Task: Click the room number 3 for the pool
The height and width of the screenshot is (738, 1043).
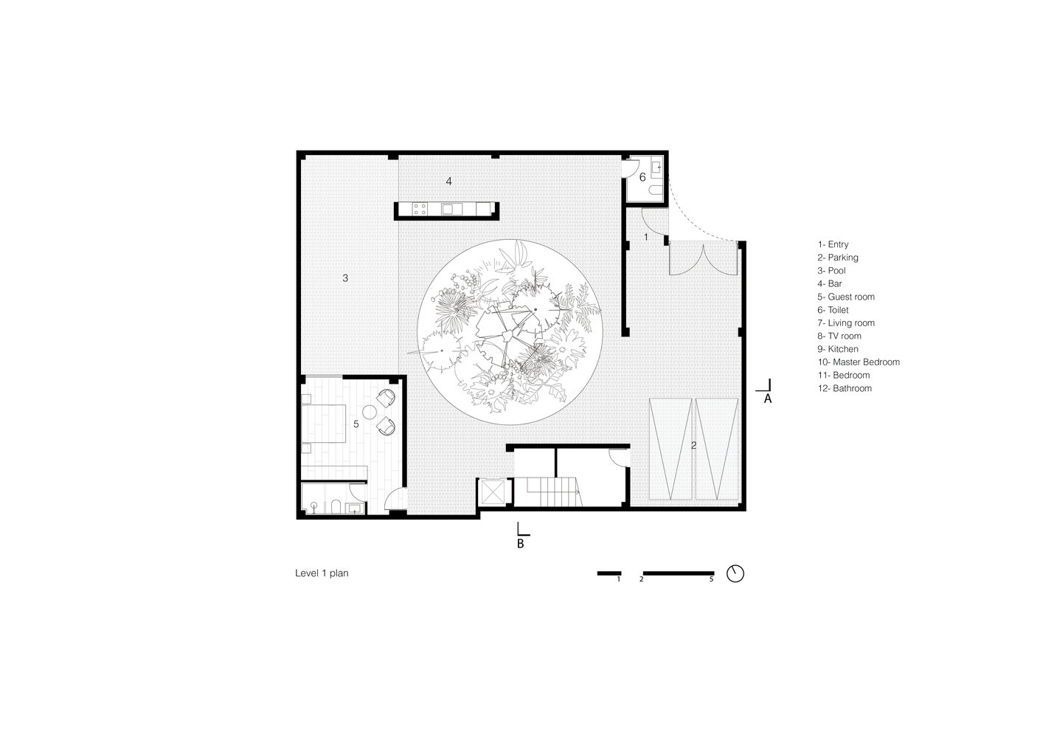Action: click(x=345, y=278)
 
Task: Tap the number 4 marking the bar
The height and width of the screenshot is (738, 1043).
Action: click(x=449, y=182)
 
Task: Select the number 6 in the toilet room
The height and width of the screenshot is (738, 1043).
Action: click(x=642, y=177)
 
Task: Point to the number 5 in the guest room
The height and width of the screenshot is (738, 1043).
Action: click(x=356, y=424)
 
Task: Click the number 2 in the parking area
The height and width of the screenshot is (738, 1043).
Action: click(x=693, y=446)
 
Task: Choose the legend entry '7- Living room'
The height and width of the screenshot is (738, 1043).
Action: click(x=846, y=323)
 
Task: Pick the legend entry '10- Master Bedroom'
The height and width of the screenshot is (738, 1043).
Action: click(x=859, y=362)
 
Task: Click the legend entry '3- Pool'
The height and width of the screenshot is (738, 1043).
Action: click(x=831, y=271)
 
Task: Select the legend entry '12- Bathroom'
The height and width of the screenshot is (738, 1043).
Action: click(x=845, y=388)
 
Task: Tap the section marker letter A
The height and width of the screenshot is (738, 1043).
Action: click(x=768, y=399)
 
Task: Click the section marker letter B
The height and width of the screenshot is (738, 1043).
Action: click(x=521, y=544)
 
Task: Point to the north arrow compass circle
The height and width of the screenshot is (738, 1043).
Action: click(x=735, y=573)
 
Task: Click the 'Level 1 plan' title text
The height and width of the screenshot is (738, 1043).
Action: click(x=322, y=573)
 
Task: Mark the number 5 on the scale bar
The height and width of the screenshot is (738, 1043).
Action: click(x=712, y=579)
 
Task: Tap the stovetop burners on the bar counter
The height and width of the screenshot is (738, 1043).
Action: click(x=420, y=209)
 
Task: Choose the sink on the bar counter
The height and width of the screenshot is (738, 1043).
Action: click(x=451, y=209)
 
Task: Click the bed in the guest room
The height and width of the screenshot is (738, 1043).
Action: click(x=324, y=424)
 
